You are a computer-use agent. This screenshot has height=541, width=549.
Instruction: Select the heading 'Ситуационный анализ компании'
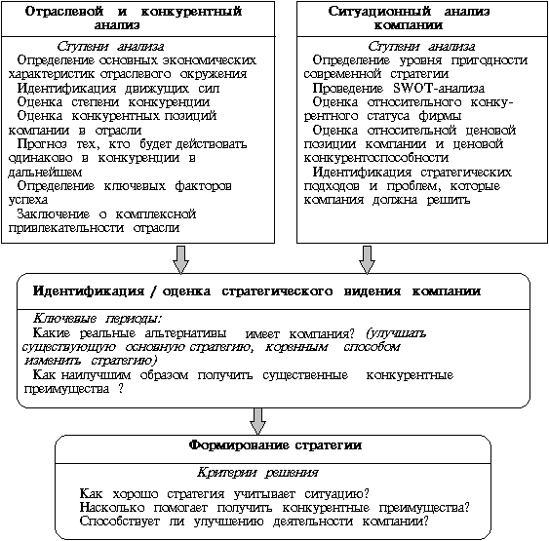pyautogui.click(x=417, y=18)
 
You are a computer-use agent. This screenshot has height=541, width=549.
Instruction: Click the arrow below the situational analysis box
pyautogui.click(x=368, y=258)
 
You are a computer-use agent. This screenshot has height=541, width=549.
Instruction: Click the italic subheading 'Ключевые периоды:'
pyautogui.click(x=98, y=318)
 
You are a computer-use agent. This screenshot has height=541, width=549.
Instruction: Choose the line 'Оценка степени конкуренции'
pyautogui.click(x=100, y=100)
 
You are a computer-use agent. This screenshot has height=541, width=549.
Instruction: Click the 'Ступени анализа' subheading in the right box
pyautogui.click(x=416, y=46)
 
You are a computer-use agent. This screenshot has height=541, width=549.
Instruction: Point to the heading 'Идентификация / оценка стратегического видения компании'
pyautogui.click(x=256, y=290)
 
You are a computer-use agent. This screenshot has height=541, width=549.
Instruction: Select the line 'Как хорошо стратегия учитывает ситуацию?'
pyautogui.click(x=230, y=492)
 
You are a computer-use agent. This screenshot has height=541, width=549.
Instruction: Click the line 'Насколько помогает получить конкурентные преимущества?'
pyautogui.click(x=276, y=506)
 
